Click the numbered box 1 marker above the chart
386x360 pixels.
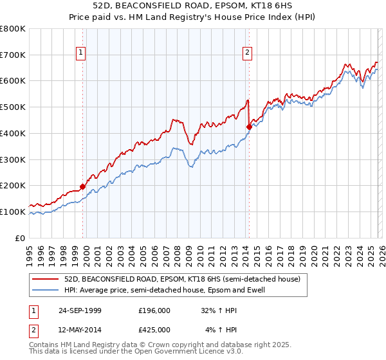(82, 53)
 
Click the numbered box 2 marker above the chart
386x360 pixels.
(248, 53)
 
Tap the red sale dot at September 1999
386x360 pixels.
(82, 186)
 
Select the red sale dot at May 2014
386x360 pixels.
(248, 127)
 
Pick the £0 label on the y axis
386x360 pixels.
(21, 238)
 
